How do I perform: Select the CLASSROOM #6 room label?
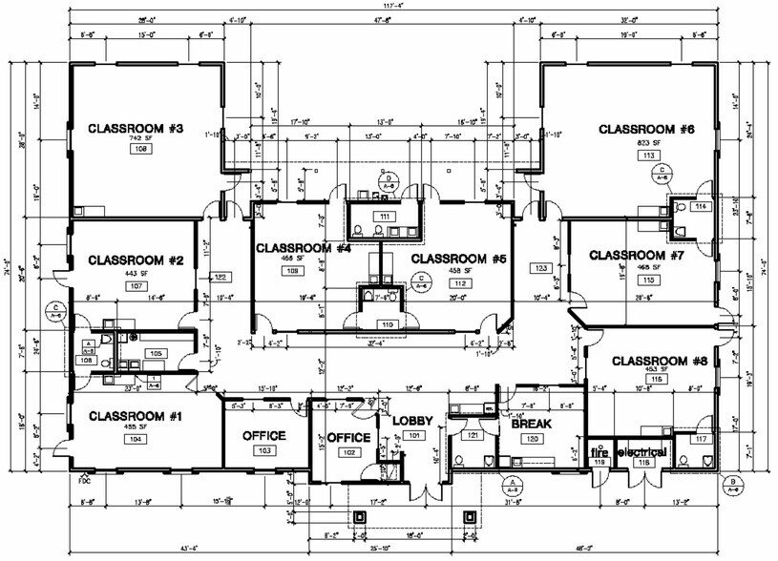click(x=644, y=128)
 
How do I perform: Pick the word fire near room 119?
click(x=599, y=450)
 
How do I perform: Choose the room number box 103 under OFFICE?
click(x=265, y=449)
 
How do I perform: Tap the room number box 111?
click(x=385, y=218)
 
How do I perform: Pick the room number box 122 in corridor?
click(x=220, y=277)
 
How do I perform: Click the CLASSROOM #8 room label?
click(x=657, y=361)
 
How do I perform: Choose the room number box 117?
click(x=702, y=439)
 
